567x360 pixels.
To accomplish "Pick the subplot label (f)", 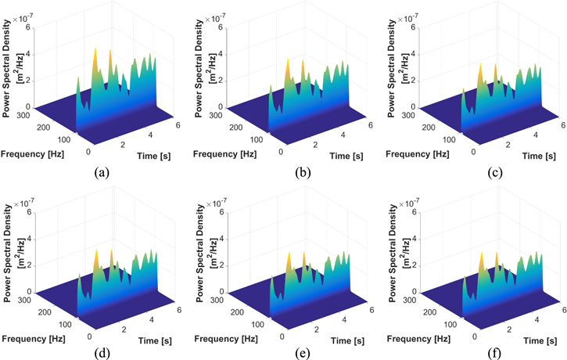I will pyautogui.click(x=483, y=351).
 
